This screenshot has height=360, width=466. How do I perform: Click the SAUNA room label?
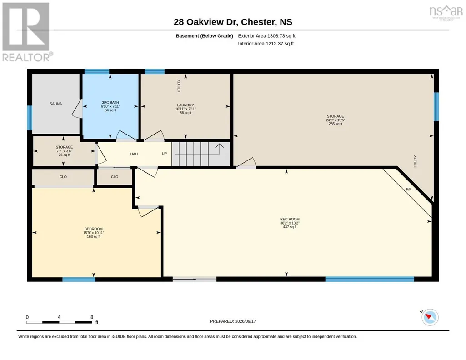[x=56, y=104]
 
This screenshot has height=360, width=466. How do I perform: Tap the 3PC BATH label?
[x=110, y=102]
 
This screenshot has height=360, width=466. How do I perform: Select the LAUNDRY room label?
[x=185, y=105]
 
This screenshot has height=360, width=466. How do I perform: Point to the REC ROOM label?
[x=290, y=219]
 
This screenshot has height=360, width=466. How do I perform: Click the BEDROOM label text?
[x=94, y=229]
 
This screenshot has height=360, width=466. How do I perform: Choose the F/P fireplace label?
[x=409, y=189]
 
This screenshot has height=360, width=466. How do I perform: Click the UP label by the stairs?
[x=164, y=154]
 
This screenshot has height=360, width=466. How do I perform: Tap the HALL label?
[x=135, y=154]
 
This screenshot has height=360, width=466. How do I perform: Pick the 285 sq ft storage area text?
[x=336, y=124]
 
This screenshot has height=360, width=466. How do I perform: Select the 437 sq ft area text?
[x=290, y=227]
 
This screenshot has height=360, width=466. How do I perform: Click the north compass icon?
[x=430, y=317]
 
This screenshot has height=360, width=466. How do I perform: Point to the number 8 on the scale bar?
[x=92, y=317]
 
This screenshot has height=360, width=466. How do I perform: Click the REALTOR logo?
[x=27, y=32]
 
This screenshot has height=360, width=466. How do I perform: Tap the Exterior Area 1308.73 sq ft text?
[x=266, y=36]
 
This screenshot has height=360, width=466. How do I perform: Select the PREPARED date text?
[x=233, y=321]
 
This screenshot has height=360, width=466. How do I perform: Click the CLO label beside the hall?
[x=115, y=177]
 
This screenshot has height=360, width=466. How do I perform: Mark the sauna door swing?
[x=77, y=109]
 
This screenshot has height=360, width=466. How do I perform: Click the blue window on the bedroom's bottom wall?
[x=79, y=279]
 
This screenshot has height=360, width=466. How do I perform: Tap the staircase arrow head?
[x=220, y=145]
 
